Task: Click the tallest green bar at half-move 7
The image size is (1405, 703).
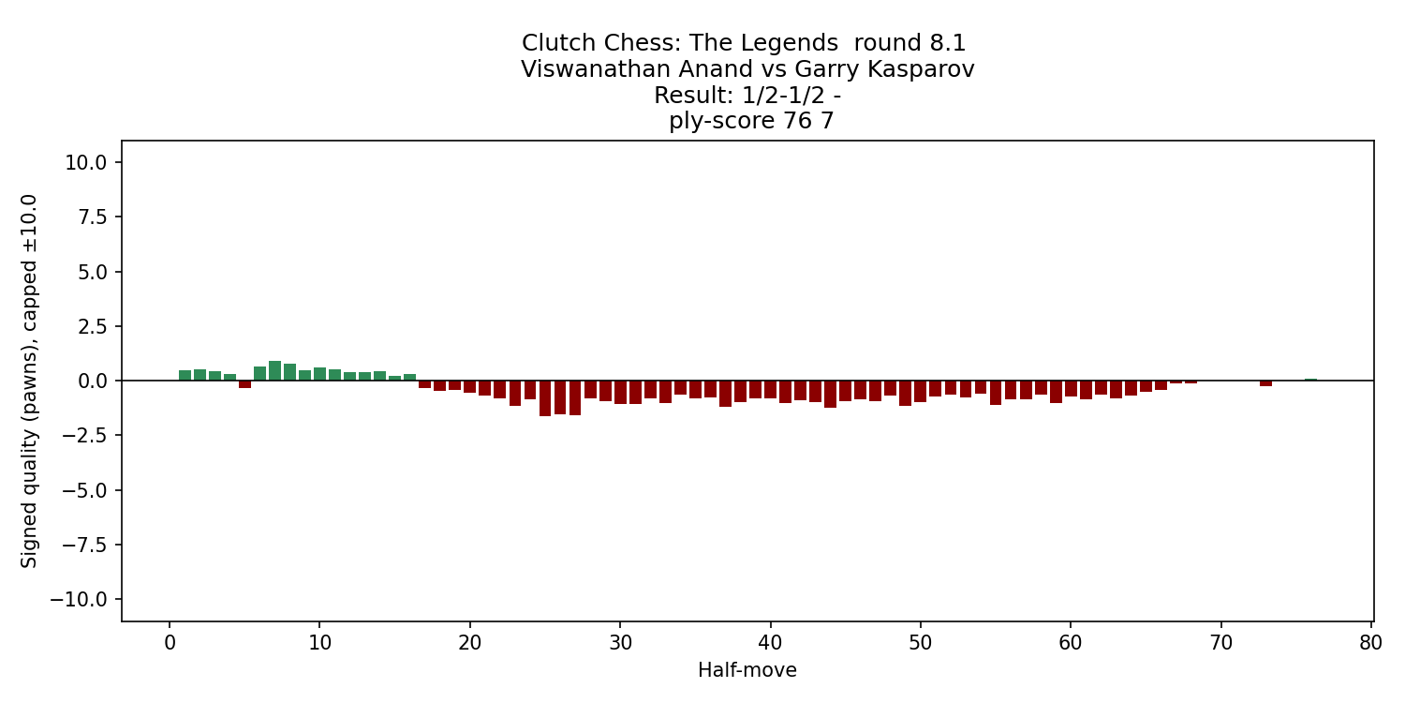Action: [x=274, y=371]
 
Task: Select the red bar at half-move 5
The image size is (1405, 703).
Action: [x=244, y=384]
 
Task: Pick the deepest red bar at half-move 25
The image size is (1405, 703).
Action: [x=545, y=398]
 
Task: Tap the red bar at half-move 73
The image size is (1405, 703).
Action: [x=1265, y=383]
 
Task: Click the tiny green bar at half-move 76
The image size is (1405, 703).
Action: [x=1310, y=380]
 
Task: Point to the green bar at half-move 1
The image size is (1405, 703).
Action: [x=185, y=376]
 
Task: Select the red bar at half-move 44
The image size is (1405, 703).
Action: [x=830, y=394]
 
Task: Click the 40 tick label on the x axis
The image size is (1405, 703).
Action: [x=770, y=643]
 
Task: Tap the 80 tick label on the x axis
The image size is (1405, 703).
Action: [x=1371, y=643]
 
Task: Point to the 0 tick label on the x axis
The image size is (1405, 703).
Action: [x=170, y=643]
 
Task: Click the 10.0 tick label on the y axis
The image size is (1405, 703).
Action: [x=85, y=162]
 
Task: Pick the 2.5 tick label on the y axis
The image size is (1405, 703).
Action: [x=91, y=326]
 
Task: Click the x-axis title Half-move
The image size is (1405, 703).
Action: [x=747, y=670]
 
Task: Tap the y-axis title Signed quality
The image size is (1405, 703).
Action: [x=30, y=380]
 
